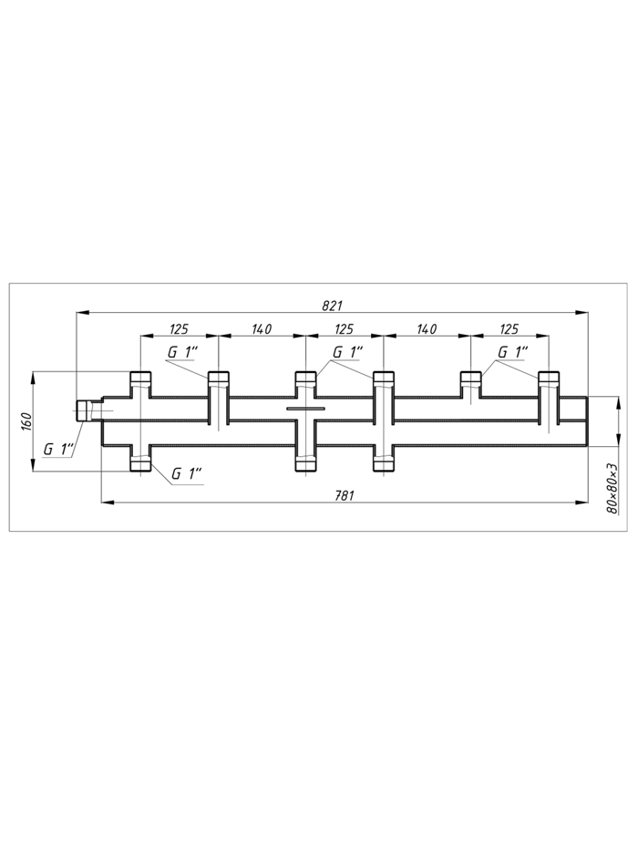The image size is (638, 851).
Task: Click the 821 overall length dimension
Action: (x=332, y=306)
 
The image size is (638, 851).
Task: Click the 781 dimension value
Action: (x=345, y=495)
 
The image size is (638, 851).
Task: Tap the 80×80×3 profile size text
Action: (x=612, y=489)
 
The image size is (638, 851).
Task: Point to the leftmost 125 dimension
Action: (x=179, y=329)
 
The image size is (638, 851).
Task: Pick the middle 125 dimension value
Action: (x=344, y=329)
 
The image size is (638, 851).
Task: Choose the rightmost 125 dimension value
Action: (x=509, y=329)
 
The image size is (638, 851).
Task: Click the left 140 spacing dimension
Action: (x=262, y=329)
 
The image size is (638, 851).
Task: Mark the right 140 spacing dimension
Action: (x=427, y=329)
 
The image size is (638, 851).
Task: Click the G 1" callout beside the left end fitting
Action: (x=58, y=450)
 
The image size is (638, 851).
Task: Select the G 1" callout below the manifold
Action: (x=186, y=473)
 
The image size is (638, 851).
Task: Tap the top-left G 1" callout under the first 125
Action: (x=182, y=352)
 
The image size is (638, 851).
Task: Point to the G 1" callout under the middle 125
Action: (x=348, y=352)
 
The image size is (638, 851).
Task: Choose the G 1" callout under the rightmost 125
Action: (x=512, y=352)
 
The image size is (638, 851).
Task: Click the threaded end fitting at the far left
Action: (x=85, y=410)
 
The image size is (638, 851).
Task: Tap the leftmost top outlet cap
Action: (x=140, y=378)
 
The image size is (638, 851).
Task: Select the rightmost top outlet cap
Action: (x=549, y=378)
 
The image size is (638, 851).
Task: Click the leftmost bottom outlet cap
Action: (x=140, y=464)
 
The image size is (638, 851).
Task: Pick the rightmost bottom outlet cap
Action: (x=384, y=464)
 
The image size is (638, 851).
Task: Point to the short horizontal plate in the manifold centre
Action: (x=305, y=408)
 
